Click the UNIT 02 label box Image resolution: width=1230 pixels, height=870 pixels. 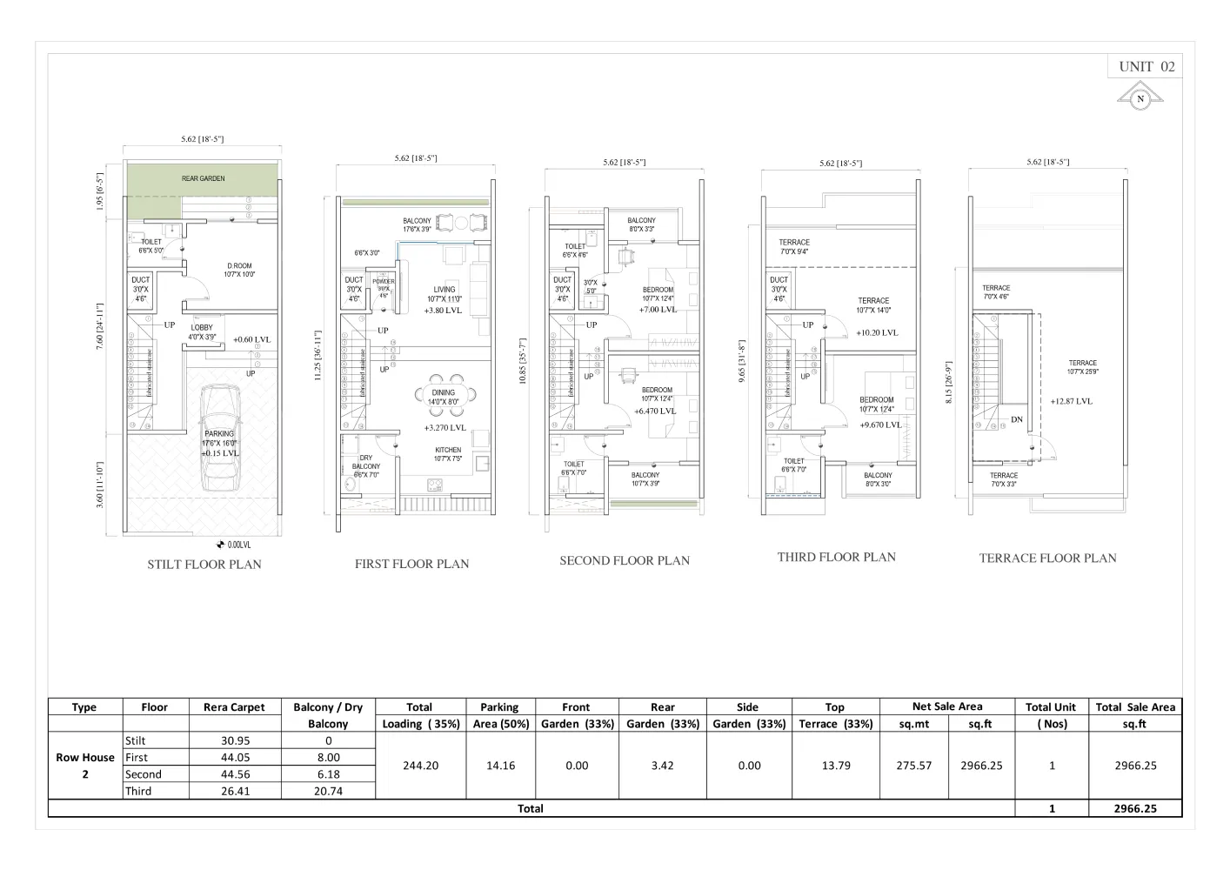pos(1145,67)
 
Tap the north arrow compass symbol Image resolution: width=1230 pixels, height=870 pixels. pos(1140,98)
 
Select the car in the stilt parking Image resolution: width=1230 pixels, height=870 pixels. pos(219,440)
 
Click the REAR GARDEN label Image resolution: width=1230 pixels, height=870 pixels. pos(203,178)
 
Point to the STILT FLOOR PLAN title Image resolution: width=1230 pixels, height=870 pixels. pos(204,564)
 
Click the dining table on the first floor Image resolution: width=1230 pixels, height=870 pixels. pos(444,397)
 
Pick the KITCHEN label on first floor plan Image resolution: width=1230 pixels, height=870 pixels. pos(448,450)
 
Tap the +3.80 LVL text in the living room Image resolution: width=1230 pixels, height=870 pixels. pos(443,310)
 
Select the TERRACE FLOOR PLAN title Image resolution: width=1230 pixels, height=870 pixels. pos(1047,558)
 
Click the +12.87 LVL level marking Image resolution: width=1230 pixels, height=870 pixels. pos(1071,401)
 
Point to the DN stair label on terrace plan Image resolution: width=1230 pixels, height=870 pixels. pos(1016,419)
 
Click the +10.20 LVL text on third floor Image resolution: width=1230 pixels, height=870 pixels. pos(876,332)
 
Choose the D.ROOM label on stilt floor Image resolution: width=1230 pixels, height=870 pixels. pos(239,266)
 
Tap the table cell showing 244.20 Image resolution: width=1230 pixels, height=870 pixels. pos(419,766)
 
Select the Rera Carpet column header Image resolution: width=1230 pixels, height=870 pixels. pos(234,707)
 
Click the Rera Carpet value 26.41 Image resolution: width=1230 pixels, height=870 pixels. pos(234,791)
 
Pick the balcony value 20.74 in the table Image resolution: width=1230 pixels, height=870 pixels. pos(328,791)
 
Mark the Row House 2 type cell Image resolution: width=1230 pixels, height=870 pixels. pos(84,766)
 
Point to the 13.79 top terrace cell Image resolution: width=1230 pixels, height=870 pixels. pos(835,766)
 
